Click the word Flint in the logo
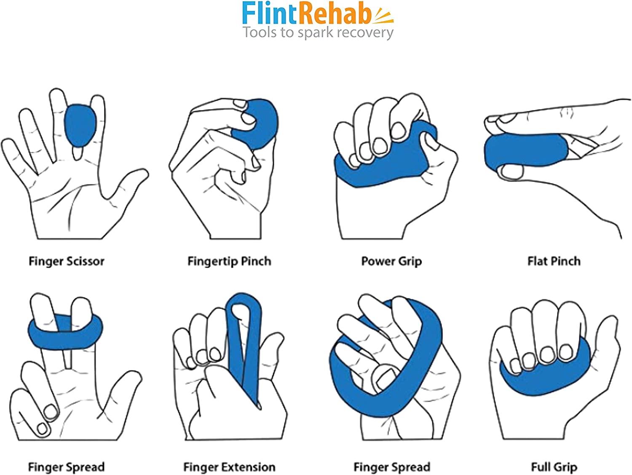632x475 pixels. [269, 13]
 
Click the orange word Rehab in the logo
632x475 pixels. [334, 13]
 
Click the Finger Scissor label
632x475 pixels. [67, 261]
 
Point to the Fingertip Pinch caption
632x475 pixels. [229, 261]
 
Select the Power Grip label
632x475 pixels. [391, 261]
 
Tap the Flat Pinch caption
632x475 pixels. [554, 261]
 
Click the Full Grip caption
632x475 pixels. [554, 467]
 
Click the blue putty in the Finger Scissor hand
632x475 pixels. [80, 126]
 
